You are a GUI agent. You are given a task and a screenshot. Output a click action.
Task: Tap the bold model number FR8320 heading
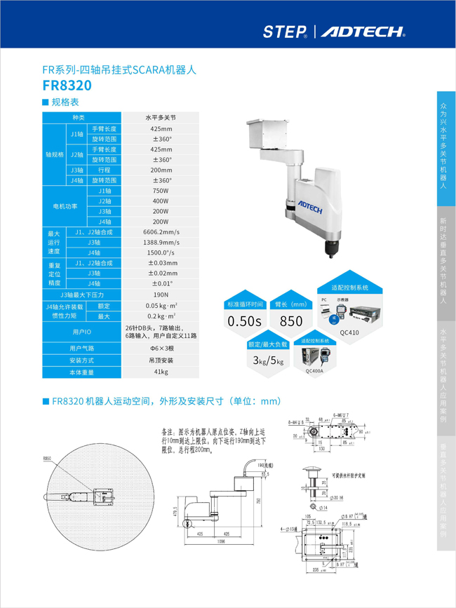point(67,86)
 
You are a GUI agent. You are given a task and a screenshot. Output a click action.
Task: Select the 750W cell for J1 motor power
point(161,191)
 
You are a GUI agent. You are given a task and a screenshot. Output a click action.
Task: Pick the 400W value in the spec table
point(161,201)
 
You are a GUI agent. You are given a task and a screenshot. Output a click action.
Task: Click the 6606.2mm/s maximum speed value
point(161,232)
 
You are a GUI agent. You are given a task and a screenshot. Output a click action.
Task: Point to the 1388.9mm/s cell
point(161,242)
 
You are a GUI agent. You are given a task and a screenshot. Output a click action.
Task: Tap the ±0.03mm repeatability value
point(161,263)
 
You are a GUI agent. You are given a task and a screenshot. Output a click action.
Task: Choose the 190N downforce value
point(161,295)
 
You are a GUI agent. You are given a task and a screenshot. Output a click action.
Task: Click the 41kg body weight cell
point(161,372)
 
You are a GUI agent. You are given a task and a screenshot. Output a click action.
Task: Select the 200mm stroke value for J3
point(161,170)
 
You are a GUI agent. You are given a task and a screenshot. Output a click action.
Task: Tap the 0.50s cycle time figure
point(244,322)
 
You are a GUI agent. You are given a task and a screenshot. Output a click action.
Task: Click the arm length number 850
point(291,322)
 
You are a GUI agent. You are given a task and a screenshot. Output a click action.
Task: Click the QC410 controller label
point(349,334)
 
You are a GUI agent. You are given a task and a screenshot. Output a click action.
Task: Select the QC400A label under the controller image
point(314,372)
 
